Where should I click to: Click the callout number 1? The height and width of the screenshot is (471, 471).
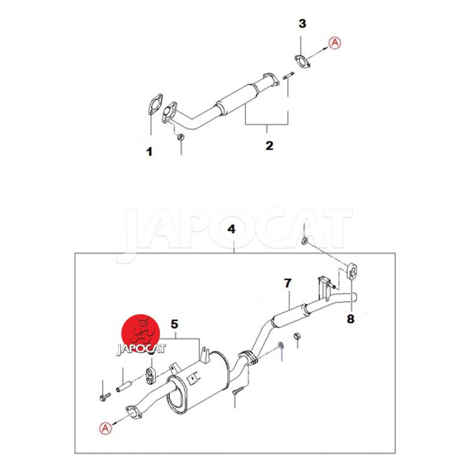point(150,152)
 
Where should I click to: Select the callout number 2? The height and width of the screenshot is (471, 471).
point(270,145)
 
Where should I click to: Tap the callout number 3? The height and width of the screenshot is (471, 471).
point(302,24)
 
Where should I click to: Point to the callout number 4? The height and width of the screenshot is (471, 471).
point(231,229)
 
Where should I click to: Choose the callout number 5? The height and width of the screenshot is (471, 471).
point(174,324)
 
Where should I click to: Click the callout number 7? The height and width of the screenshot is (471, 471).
point(288,283)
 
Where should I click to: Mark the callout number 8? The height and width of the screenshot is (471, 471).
point(350,319)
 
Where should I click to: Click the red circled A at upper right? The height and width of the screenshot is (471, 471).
point(335,42)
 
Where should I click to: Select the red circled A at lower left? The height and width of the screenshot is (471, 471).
point(105,428)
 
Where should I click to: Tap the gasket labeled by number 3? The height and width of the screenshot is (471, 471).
point(302,62)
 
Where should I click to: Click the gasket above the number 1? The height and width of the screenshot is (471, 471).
point(155,105)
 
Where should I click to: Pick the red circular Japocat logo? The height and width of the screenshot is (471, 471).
point(141,333)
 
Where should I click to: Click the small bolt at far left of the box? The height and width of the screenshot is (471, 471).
point(105,396)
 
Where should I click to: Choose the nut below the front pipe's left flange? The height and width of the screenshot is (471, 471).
point(181,137)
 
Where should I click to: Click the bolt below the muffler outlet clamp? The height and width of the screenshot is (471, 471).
point(237,391)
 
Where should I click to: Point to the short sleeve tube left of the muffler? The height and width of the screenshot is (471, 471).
point(124,387)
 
